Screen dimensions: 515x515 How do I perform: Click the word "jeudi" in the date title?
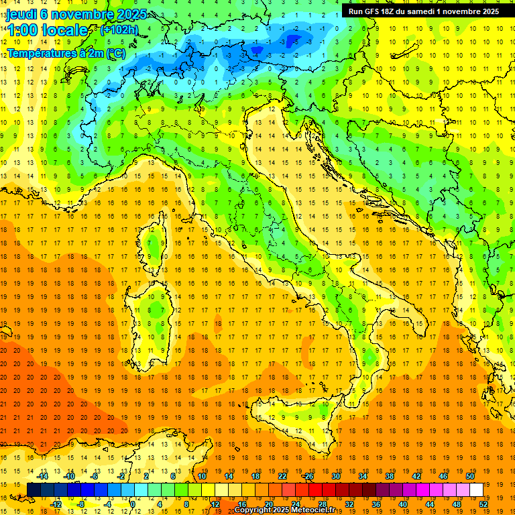coord(22,14)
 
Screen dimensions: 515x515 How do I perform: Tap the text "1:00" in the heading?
coord(22,30)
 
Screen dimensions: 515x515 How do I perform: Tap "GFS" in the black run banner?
coord(376,11)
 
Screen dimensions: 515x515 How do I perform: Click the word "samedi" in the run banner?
coord(432,11)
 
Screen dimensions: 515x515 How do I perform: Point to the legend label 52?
coord(484,504)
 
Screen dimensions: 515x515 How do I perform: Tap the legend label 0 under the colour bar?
coord(133,504)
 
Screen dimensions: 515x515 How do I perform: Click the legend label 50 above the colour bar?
coord(469,476)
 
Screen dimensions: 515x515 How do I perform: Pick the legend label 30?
coord(335,476)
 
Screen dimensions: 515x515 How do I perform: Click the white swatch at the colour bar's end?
coord(476,490)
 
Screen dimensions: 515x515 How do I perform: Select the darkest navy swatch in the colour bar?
coord(34,490)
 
